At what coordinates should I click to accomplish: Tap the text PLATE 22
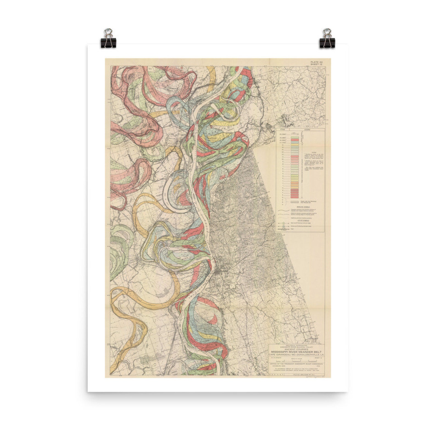(x=316, y=62)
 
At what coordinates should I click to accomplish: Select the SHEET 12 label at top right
(x=316, y=65)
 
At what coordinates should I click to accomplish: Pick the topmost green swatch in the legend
(x=294, y=137)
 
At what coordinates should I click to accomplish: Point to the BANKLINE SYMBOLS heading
(x=300, y=206)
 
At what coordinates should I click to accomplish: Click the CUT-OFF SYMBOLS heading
(x=300, y=220)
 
